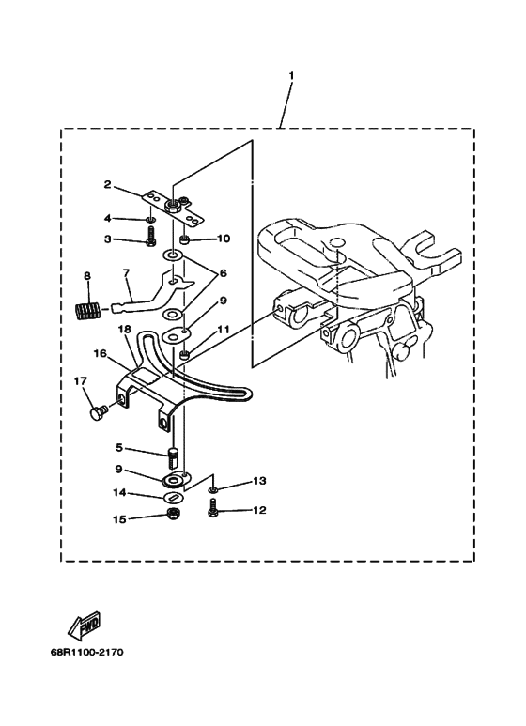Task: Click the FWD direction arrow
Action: (85, 626)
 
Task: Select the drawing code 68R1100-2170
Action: (87, 653)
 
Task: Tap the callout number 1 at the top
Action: (291, 75)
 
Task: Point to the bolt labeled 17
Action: (99, 410)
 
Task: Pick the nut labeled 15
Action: (174, 513)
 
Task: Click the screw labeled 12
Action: (213, 507)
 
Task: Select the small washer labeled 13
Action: (212, 490)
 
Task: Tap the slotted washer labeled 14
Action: (174, 497)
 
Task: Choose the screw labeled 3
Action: (150, 236)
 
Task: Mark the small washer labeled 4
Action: (150, 218)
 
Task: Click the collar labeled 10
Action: (184, 239)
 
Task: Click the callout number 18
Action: (124, 330)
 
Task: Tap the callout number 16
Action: (100, 354)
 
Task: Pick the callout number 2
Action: (107, 184)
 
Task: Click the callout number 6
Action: (224, 273)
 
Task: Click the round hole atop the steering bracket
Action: (337, 243)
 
